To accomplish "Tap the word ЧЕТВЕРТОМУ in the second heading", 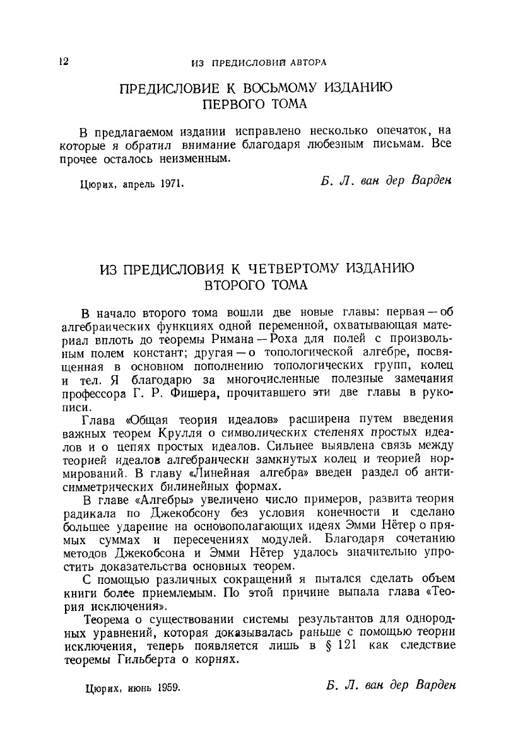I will pos(284,269).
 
